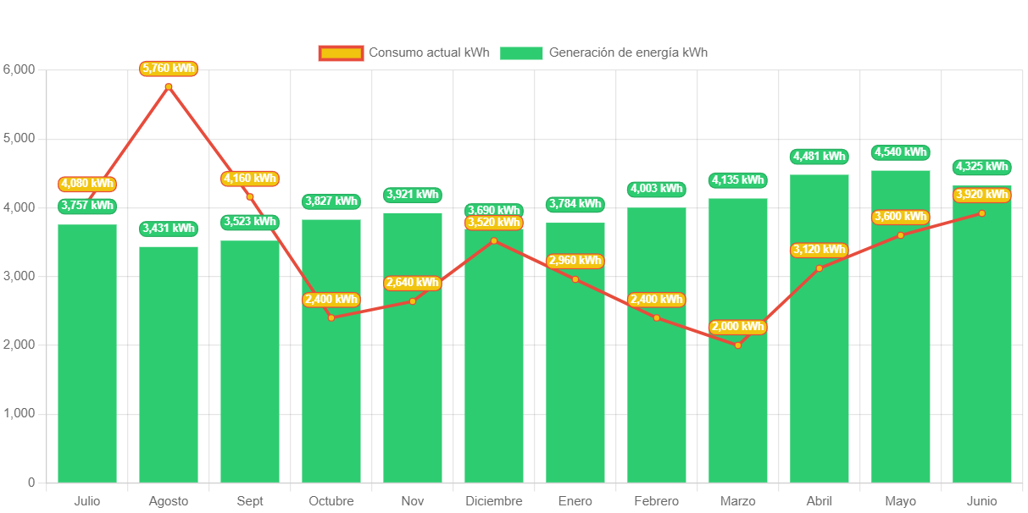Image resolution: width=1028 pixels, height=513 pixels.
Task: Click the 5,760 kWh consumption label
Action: tap(169, 69)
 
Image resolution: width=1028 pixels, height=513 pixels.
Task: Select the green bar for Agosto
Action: tap(169, 364)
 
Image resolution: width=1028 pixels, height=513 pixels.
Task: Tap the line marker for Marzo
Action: tap(738, 345)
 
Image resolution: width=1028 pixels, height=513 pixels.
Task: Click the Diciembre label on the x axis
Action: tap(494, 501)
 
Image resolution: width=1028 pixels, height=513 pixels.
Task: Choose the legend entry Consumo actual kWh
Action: tap(404, 52)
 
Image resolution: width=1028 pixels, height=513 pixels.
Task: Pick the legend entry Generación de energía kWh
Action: tap(603, 52)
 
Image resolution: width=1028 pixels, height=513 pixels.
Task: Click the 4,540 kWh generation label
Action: tap(901, 152)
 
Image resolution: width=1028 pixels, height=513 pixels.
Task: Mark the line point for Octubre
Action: tap(331, 317)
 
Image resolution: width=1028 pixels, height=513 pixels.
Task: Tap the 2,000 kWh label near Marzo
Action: tap(738, 327)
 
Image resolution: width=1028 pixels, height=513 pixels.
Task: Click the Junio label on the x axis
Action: tap(982, 501)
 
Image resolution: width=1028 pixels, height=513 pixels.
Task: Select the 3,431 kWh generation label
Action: tap(169, 229)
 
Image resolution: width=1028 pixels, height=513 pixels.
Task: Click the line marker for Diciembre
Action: tap(494, 240)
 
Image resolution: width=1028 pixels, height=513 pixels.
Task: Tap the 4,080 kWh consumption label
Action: tap(87, 184)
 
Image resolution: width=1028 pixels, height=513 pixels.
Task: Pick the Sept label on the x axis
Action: tap(250, 501)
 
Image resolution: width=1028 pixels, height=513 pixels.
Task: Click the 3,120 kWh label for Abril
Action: tap(820, 250)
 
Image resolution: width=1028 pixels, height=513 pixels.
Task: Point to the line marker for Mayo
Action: tap(901, 234)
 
